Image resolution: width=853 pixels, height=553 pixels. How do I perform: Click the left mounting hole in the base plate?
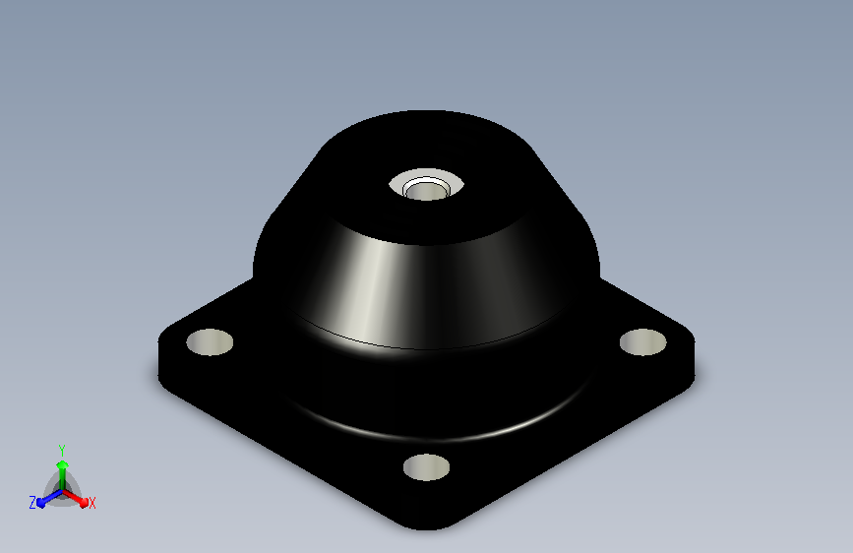[x=210, y=342]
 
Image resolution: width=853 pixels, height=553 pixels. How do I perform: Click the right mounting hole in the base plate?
[x=643, y=342]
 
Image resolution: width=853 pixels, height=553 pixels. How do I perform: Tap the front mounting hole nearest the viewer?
[x=427, y=467]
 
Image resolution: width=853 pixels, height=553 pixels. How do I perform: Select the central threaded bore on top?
[x=427, y=191]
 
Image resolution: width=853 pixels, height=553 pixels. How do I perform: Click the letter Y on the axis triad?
[x=62, y=451]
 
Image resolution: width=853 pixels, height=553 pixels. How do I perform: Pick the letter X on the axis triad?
[x=91, y=504]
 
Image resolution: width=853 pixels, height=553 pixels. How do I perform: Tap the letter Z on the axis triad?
[x=32, y=503]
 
